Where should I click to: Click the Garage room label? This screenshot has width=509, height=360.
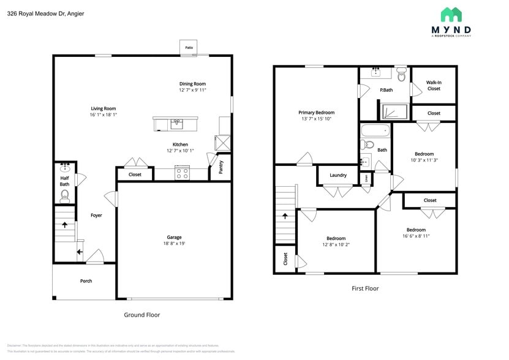point(174,237)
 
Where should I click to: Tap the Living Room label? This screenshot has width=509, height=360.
point(103,108)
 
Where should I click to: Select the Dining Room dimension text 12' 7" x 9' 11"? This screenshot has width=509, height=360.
point(192,90)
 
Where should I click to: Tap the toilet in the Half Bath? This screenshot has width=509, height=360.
point(65,196)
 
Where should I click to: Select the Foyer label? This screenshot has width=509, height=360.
point(96,215)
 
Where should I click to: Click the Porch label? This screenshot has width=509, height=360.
point(86,281)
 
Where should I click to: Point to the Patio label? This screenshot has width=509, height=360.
point(189,47)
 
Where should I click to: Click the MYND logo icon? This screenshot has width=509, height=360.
point(451,15)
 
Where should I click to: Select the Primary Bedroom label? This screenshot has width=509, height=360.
point(316,112)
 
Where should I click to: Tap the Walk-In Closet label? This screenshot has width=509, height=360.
point(434,85)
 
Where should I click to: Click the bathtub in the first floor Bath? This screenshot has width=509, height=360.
point(374,130)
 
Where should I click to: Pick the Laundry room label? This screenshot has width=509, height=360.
point(338,175)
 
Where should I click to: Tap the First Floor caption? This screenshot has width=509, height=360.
point(365,288)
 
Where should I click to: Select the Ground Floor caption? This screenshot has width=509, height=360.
point(141,315)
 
